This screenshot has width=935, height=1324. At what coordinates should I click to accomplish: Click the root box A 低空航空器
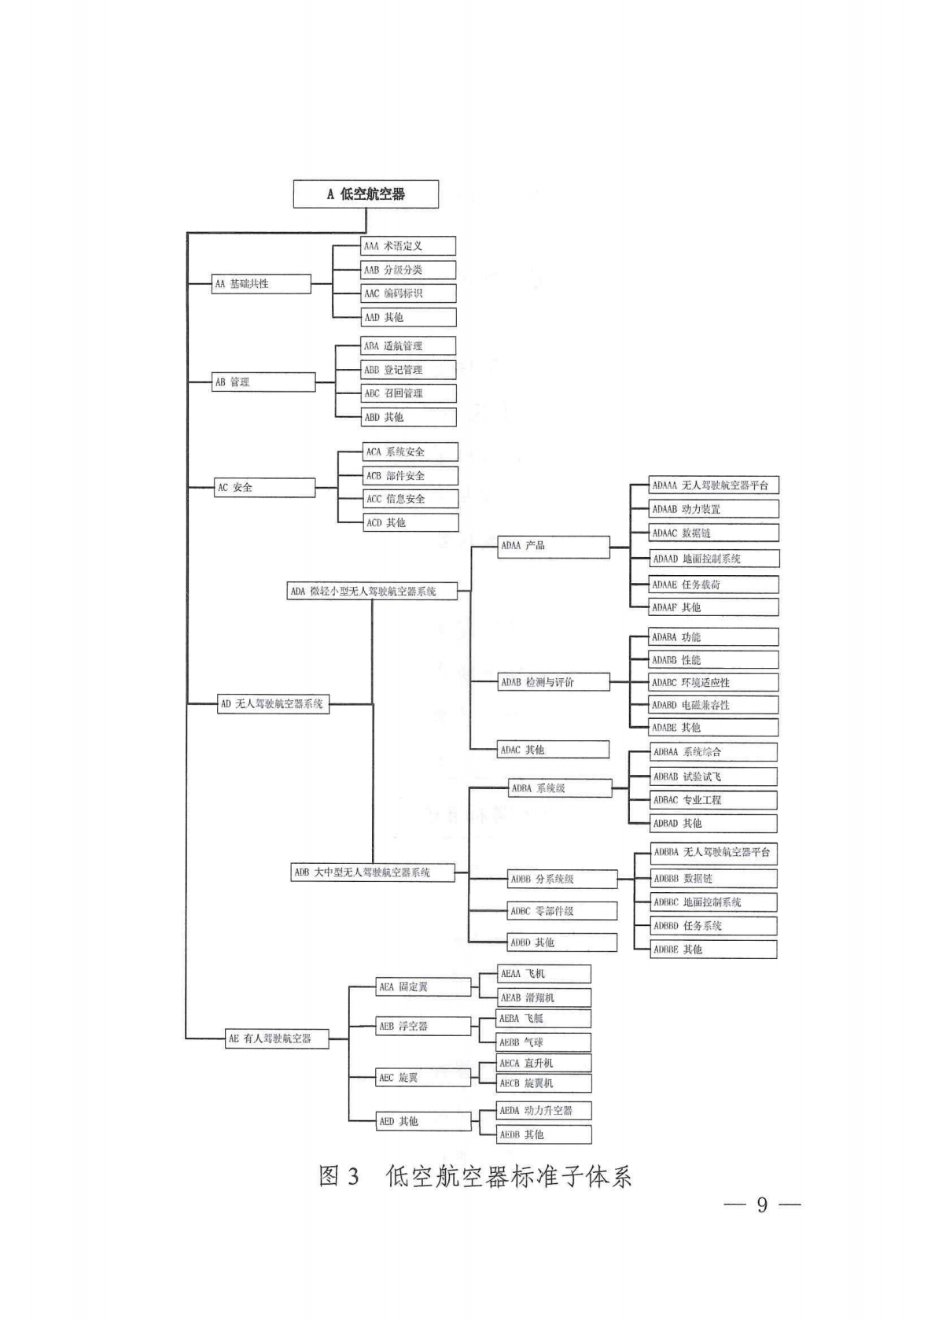click(x=366, y=194)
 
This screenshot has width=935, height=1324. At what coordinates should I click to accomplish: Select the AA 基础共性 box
click(x=262, y=284)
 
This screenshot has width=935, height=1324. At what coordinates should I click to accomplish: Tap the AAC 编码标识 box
click(x=408, y=293)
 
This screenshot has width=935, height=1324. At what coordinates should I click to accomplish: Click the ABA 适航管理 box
click(x=408, y=345)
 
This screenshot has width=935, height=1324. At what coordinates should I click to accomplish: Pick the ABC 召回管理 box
click(x=408, y=393)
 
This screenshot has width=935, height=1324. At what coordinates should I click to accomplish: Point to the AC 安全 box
click(x=264, y=488)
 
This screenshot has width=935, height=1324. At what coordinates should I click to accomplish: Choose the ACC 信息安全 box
click(x=410, y=499)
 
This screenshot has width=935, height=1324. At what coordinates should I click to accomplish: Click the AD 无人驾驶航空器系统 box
click(x=273, y=704)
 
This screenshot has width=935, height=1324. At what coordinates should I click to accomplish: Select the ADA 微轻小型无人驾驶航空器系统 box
click(x=372, y=591)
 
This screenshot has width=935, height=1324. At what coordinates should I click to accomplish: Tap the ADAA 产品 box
click(x=554, y=546)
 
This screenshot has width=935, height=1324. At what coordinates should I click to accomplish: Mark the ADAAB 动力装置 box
click(x=714, y=509)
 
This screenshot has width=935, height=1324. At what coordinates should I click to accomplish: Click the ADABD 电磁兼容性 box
click(x=714, y=705)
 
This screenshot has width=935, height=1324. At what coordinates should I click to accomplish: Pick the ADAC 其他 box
click(x=554, y=750)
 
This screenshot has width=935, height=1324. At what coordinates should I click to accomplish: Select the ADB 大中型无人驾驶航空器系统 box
click(x=373, y=872)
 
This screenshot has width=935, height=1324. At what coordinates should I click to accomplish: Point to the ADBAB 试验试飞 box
click(x=714, y=776)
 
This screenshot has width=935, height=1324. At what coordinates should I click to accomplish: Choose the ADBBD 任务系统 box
click(x=714, y=926)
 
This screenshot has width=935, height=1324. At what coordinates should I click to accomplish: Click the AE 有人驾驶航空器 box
click(x=277, y=1039)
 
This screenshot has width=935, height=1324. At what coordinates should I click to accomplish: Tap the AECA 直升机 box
click(x=543, y=1063)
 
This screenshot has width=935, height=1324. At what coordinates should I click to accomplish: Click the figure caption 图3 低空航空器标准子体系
click(x=475, y=1176)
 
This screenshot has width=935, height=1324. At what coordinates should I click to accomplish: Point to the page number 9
click(x=761, y=1205)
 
